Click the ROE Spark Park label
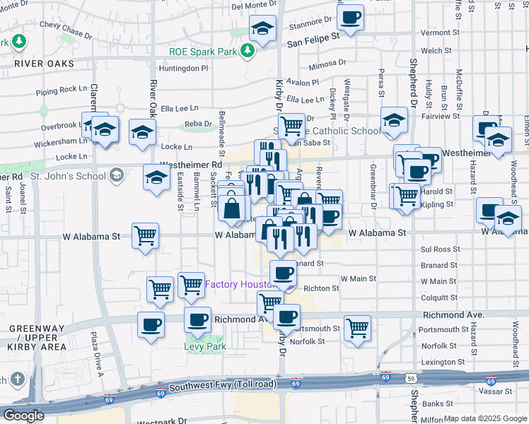pyautogui.click(x=203, y=51)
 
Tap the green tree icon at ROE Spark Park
pyautogui.click(x=247, y=51)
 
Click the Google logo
pyautogui.click(x=23, y=416)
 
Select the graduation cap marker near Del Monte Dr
pyautogui.click(x=262, y=29)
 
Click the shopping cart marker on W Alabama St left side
pyautogui.click(x=145, y=235)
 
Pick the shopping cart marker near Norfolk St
pyautogui.click(x=358, y=327)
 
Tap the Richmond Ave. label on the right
pyautogui.click(x=453, y=314)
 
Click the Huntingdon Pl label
pyautogui.click(x=184, y=69)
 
